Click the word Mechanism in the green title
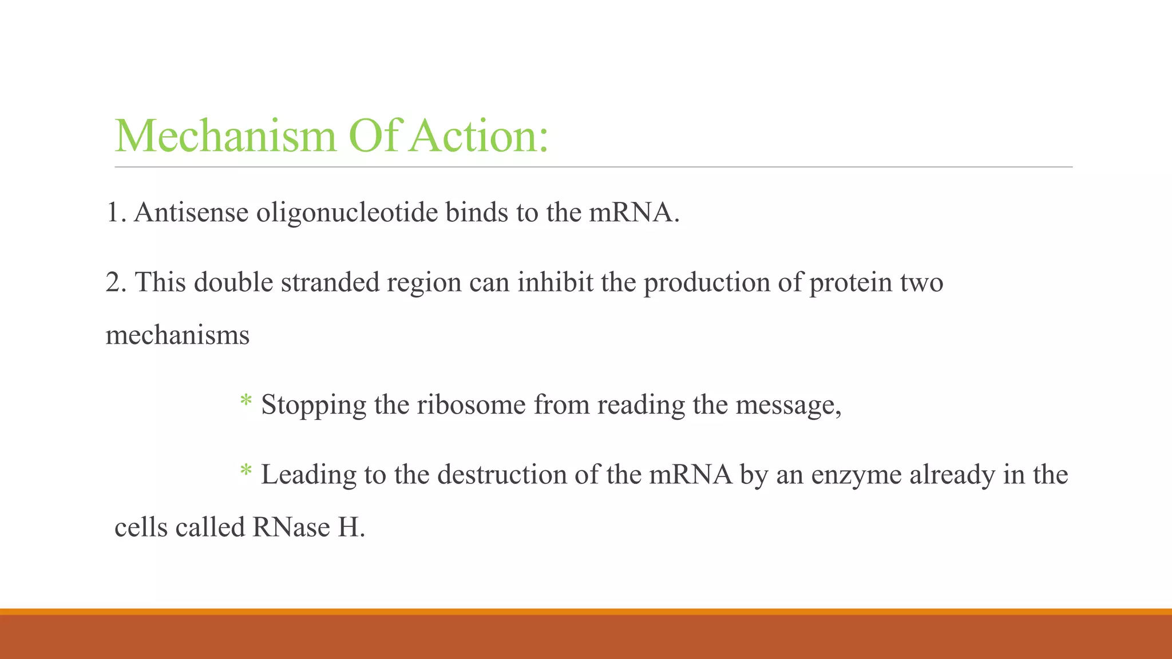pyautogui.click(x=225, y=136)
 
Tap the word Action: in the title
pyautogui.click(x=478, y=136)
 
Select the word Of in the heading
pyautogui.click(x=373, y=136)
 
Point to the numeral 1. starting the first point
pyautogui.click(x=116, y=213)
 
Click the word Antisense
pyautogui.click(x=191, y=213)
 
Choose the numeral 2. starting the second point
pyautogui.click(x=117, y=283)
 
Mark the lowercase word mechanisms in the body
pyautogui.click(x=177, y=335)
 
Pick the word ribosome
pyautogui.click(x=471, y=405)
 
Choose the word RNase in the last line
pyautogui.click(x=291, y=527)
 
